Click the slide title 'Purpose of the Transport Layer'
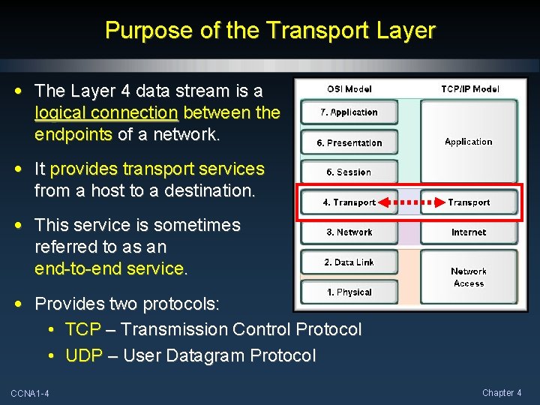pos(270,30)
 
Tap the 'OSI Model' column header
pos(349,88)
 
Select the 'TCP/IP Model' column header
pos(469,88)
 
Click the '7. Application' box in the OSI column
pos(349,112)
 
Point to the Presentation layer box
pos(349,142)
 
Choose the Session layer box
pos(349,172)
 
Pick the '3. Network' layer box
pos(349,232)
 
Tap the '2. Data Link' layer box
pos(349,262)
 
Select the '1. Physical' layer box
pos(349,292)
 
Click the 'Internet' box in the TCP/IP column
pos(469,232)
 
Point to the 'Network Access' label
pos(469,277)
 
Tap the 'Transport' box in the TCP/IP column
pos(469,202)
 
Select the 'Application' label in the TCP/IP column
pos(469,142)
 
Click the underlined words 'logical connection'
pos(106,113)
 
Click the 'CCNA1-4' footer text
pos(30,394)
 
